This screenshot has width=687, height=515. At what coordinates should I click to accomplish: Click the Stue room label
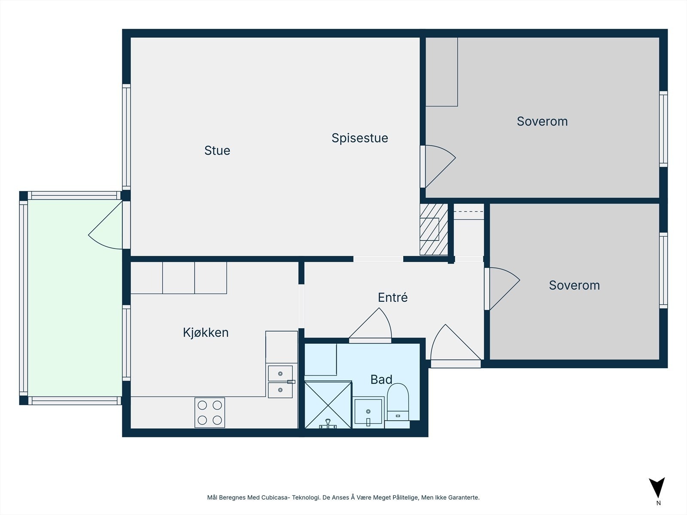217,151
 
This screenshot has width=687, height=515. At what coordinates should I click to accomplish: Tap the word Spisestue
359,138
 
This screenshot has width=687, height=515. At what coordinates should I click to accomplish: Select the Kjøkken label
205,333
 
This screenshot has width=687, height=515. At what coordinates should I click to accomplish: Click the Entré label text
392,297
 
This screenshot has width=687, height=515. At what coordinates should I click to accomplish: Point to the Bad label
381,379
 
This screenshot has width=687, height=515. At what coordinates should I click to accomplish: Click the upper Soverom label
542,121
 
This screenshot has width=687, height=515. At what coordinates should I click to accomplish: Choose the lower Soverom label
574,285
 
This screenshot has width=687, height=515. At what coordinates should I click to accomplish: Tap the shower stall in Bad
328,405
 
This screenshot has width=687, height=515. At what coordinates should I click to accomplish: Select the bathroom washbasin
368,412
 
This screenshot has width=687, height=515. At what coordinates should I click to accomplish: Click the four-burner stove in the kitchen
210,412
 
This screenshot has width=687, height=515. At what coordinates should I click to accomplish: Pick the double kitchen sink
280,382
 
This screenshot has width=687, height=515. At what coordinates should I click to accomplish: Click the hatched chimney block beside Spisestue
433,229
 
